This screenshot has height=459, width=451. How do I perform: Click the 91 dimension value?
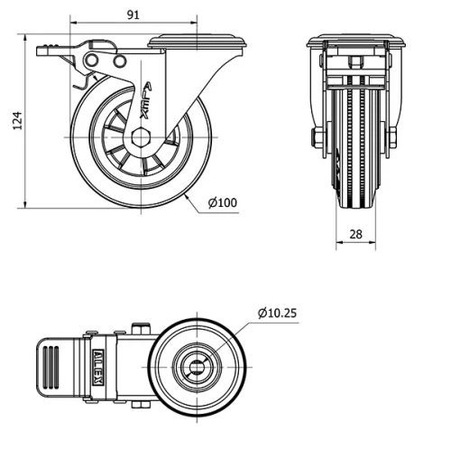133,14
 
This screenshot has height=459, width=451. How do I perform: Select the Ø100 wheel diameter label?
223,203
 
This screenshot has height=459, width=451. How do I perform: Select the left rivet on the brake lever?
89,59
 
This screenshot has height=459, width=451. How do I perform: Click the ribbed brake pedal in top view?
51,367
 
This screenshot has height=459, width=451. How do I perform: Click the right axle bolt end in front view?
392,138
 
